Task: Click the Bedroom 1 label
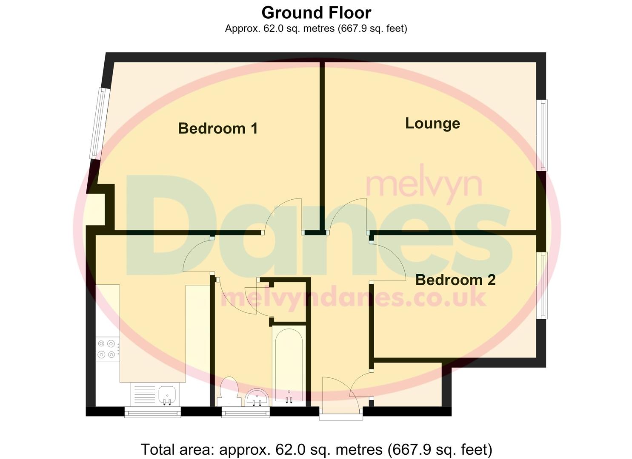218,128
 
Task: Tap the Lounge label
432,124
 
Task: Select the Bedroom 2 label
455,280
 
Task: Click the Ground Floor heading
316,13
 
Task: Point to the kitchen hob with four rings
108,349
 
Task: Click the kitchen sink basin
167,395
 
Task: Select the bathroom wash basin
257,397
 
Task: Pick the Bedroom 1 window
100,124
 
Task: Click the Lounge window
542,135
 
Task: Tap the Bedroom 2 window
542,286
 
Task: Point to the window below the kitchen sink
153,412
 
